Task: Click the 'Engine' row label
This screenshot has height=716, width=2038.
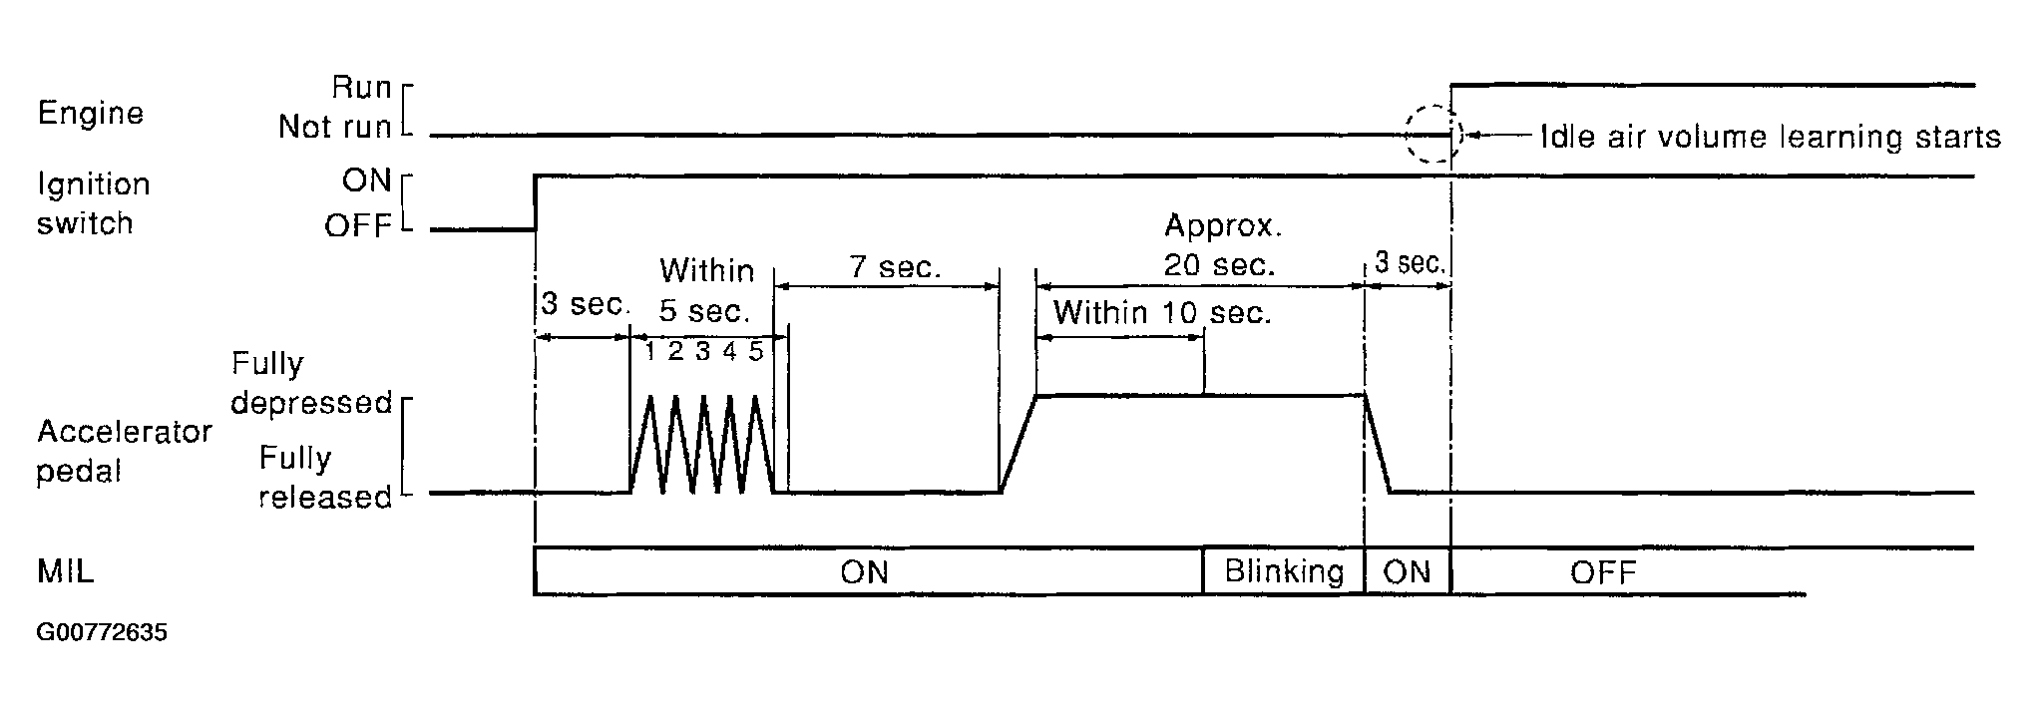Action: point(90,114)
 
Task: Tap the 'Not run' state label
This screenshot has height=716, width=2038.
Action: point(334,127)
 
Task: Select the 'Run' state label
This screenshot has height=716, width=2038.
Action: point(361,88)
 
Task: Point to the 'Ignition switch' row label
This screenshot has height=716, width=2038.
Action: point(93,203)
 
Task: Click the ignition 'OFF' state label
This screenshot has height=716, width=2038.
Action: point(357,226)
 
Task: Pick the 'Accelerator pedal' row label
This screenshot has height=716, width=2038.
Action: point(124,451)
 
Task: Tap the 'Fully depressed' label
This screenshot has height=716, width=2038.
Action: point(310,383)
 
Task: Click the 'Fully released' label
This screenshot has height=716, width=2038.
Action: point(324,477)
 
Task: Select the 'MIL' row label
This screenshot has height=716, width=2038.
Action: point(66,572)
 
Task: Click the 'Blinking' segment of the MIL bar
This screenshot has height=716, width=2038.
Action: point(1284,571)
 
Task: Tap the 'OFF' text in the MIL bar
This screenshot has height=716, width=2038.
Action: point(1603,572)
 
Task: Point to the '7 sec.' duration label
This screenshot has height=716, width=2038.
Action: point(895,267)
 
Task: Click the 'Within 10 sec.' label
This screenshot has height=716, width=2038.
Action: point(1162,313)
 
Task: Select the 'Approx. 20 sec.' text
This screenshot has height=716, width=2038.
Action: point(1222,245)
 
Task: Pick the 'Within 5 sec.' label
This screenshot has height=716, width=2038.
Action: point(706,290)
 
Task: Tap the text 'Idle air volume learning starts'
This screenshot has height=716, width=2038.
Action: point(1771,137)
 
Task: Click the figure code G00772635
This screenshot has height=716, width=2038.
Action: point(102,633)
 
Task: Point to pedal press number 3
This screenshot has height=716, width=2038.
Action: point(702,351)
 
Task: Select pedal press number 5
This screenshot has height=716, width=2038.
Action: point(756,351)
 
